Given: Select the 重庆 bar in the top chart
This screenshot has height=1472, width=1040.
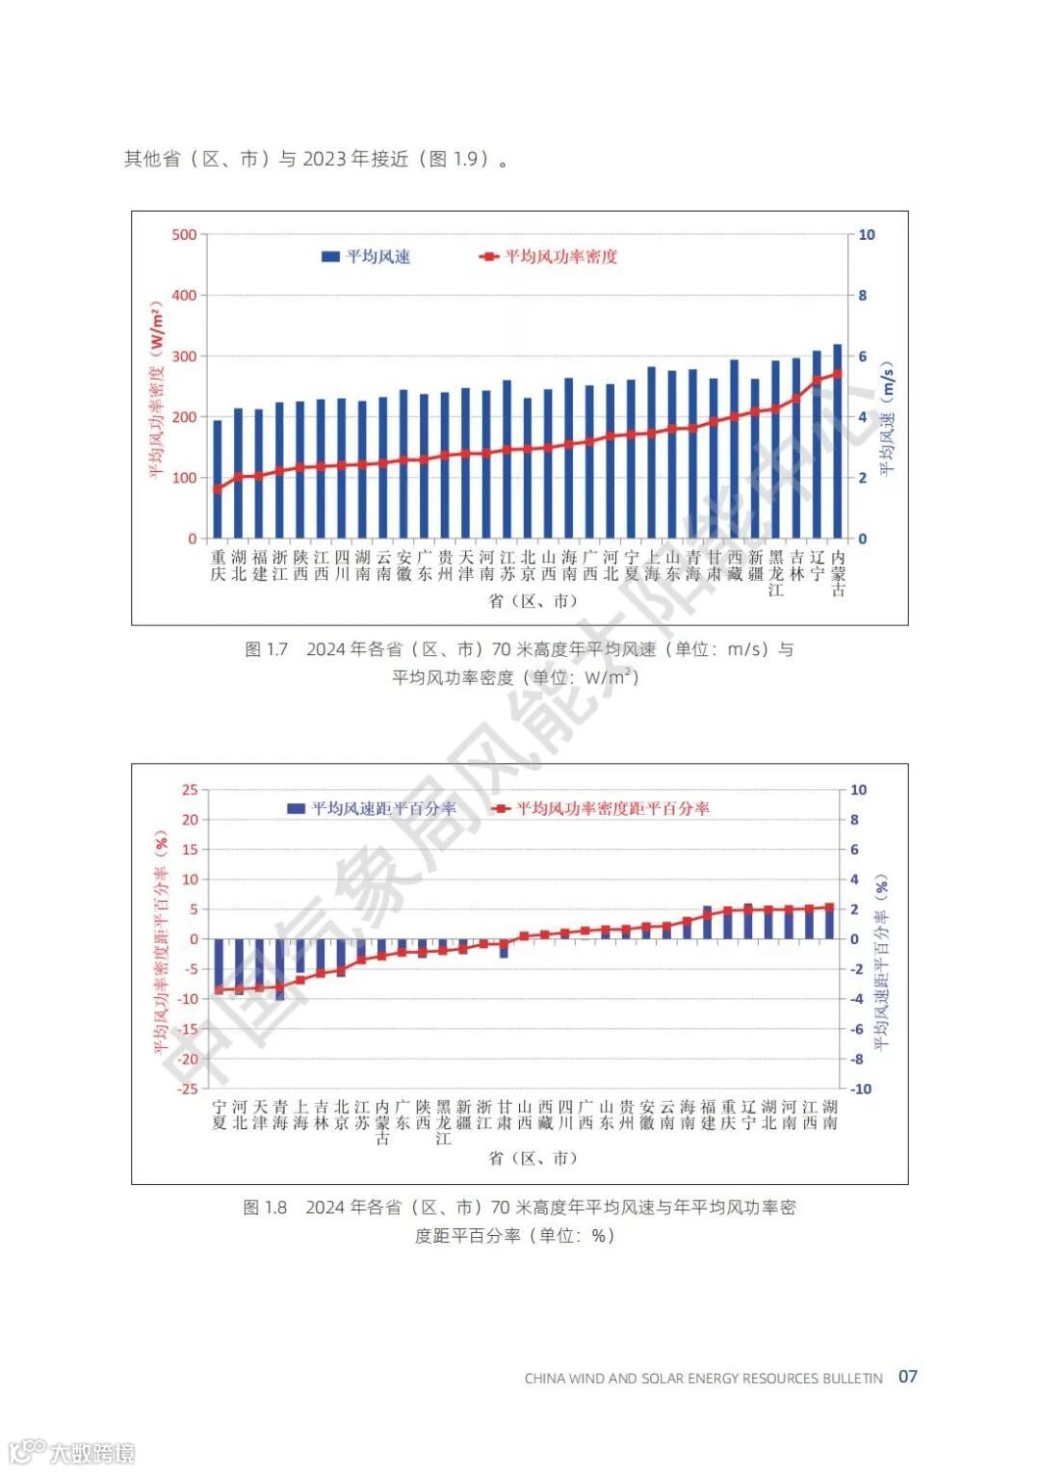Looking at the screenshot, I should pos(218,480).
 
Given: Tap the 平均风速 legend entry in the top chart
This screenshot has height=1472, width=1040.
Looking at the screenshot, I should pos(366,256).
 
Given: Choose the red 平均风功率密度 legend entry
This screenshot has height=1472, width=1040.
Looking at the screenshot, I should pos(548,256).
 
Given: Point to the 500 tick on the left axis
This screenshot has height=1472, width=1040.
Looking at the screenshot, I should pos(184,235).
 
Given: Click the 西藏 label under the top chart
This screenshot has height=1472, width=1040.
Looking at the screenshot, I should pos(735,565).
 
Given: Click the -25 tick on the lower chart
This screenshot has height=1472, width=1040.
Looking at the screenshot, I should pos(187,1089).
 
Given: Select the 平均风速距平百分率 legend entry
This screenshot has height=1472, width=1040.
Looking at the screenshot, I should pos(372,808).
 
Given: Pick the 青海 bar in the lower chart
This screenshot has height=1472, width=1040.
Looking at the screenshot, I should pos(280,968).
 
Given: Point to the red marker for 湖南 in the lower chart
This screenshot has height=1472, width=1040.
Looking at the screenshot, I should pos(830,907).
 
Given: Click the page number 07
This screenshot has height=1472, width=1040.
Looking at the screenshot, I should pos(907,1377).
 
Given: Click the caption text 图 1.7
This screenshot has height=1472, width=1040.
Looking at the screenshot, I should pos(267,650).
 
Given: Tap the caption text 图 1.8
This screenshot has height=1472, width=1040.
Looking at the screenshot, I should pos(265,1208).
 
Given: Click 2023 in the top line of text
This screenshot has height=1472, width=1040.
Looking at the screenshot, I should pos(325,159).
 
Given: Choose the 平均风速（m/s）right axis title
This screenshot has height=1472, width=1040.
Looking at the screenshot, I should pos(887,419).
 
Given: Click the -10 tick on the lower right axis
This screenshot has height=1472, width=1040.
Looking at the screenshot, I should pos(860,1089).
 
